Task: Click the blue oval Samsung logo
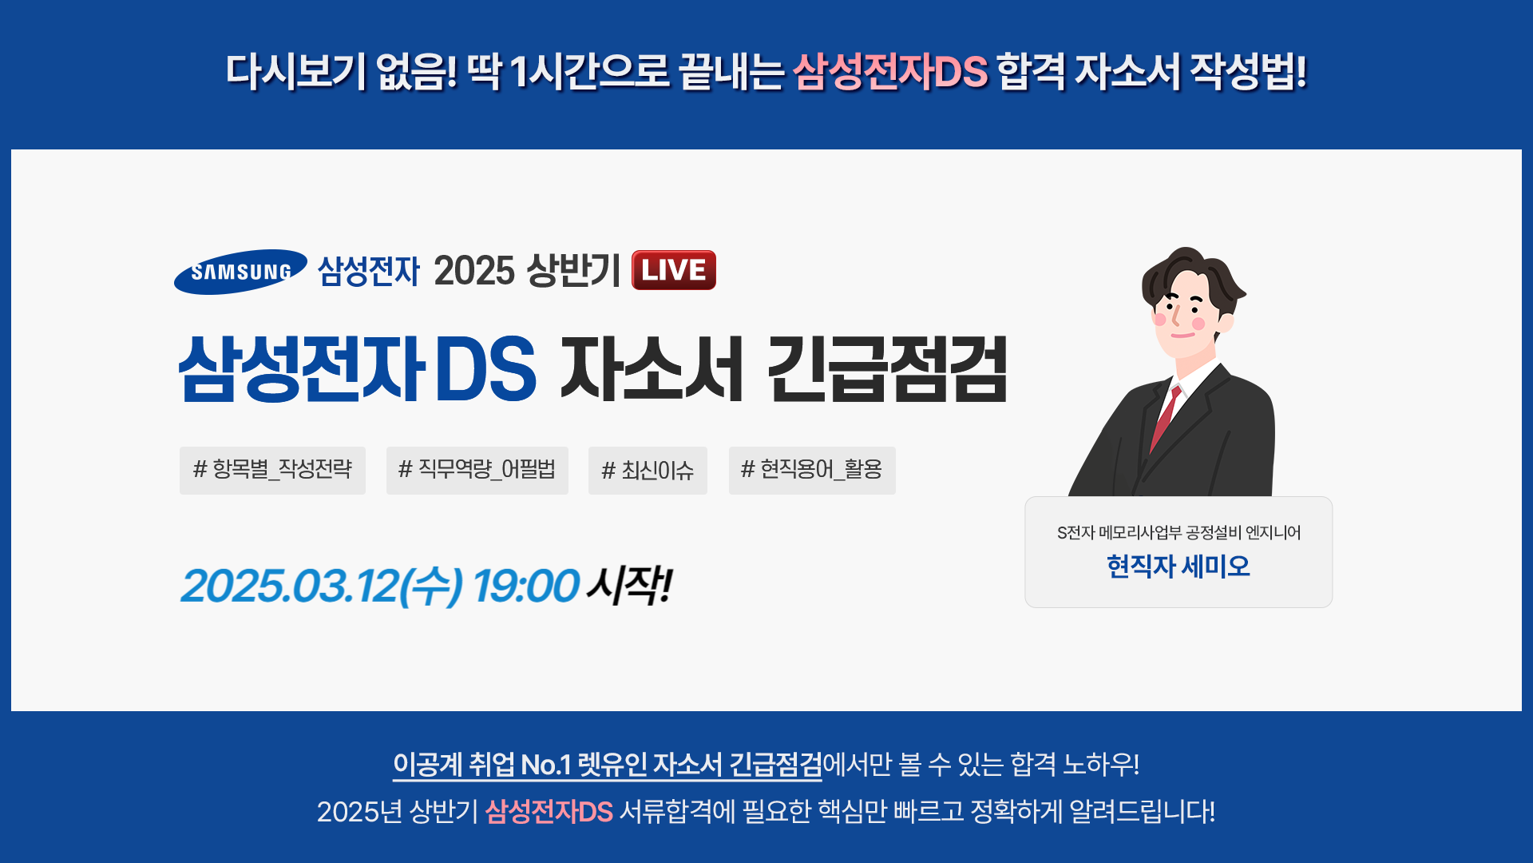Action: (240, 272)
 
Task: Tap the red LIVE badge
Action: (674, 270)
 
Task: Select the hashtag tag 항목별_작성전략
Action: (272, 470)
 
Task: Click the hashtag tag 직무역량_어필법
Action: (477, 470)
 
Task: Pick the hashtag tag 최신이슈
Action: (648, 470)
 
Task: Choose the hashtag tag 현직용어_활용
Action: (812, 470)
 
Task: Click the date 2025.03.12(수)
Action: (322, 586)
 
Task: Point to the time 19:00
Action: (525, 586)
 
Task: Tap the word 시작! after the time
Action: (630, 586)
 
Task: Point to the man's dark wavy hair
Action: (1191, 272)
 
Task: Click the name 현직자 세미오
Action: (1178, 567)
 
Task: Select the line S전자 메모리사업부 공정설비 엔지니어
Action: (1178, 532)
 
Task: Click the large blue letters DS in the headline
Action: (485, 368)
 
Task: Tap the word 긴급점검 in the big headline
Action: (887, 368)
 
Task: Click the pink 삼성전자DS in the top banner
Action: (890, 71)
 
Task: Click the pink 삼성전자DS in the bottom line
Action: (549, 812)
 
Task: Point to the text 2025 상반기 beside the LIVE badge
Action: (527, 270)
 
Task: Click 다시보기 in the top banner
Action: (295, 71)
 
